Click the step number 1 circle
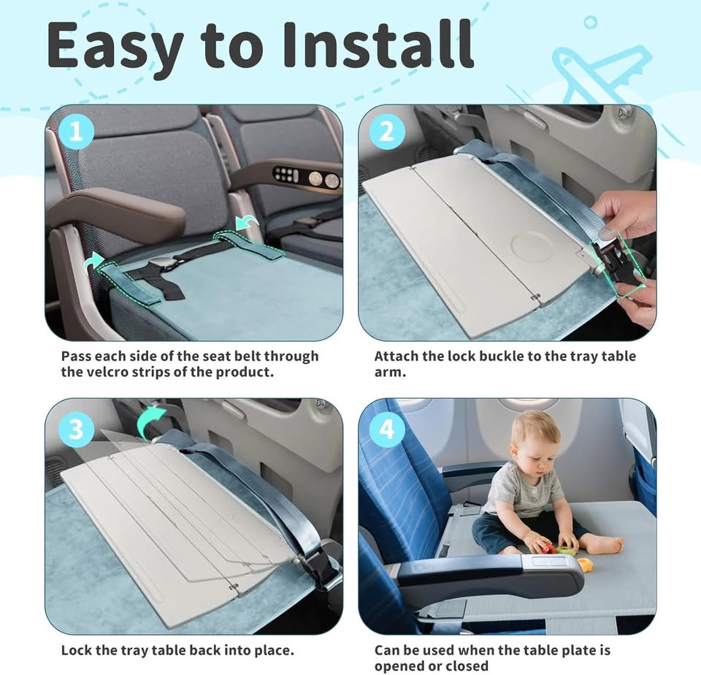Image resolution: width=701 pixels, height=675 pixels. pyautogui.click(x=77, y=132)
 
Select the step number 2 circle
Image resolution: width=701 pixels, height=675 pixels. pyautogui.click(x=387, y=132)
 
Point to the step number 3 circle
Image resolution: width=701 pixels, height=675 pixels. pyautogui.click(x=77, y=429)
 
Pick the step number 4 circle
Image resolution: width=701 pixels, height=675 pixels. pyautogui.click(x=387, y=429)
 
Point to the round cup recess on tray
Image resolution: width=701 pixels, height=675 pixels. pyautogui.click(x=532, y=246)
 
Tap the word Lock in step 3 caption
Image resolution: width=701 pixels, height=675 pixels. pyautogui.click(x=77, y=650)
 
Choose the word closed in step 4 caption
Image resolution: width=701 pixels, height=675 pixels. pyautogui.click(x=464, y=666)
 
